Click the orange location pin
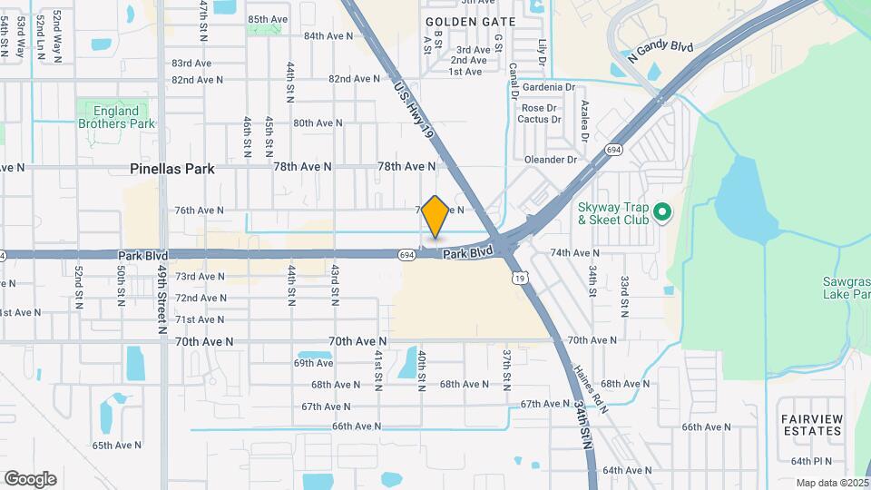[x=435, y=218]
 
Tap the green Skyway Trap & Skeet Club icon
[x=662, y=213]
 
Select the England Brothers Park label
[x=116, y=117]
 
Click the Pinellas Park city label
[x=172, y=169]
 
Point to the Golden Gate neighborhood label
[x=470, y=22]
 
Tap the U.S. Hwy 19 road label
[x=416, y=112]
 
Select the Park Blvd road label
[x=468, y=251]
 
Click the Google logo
[x=30, y=479]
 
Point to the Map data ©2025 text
[x=832, y=483]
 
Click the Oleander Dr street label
[x=550, y=160]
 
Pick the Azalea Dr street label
[x=585, y=121]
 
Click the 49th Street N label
[x=161, y=299]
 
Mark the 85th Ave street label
[x=268, y=19]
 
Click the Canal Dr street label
[x=513, y=81]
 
